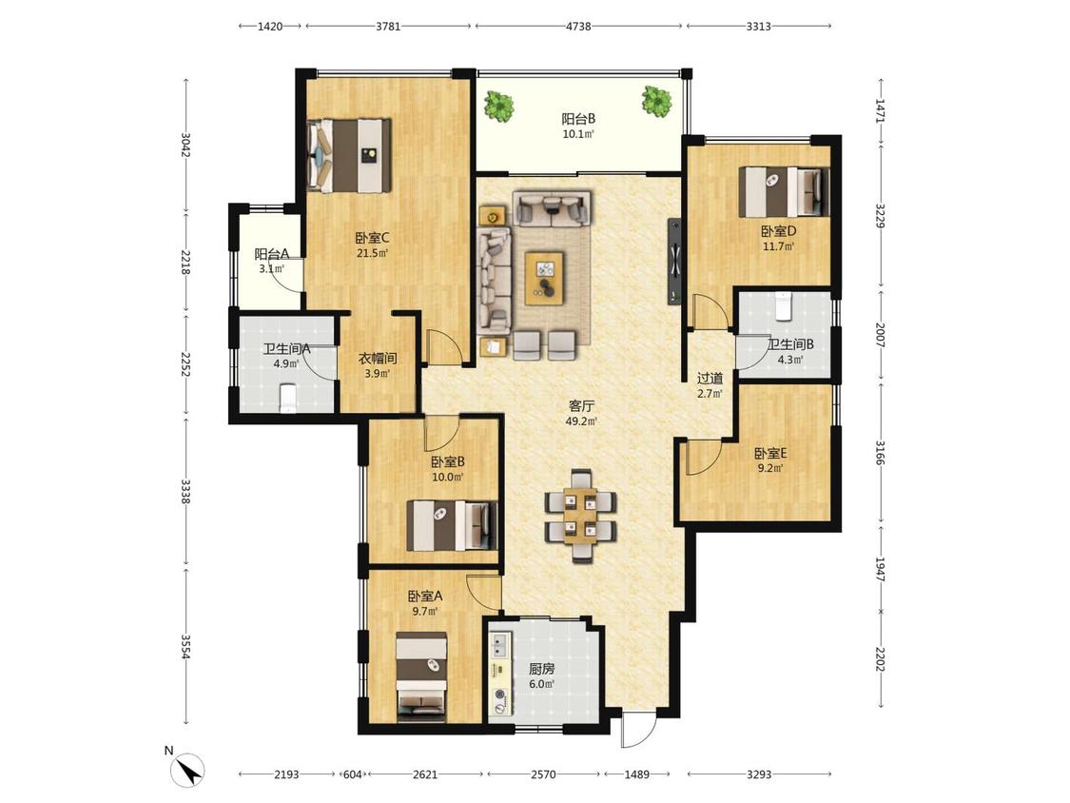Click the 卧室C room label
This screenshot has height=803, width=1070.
click(372, 238)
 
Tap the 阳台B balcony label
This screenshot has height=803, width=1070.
click(578, 119)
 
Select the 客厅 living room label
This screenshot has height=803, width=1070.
click(581, 405)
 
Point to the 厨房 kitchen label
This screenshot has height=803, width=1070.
click(542, 669)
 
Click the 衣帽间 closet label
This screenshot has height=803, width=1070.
click(378, 358)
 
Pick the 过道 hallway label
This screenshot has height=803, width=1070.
click(710, 379)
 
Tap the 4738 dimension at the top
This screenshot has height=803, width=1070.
click(578, 27)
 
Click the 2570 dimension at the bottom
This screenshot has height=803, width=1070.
click(543, 774)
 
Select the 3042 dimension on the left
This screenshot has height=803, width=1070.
click(185, 144)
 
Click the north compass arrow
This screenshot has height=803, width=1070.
click(188, 771)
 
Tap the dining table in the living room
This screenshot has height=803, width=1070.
click(581, 516)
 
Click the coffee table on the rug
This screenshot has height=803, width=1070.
click(545, 278)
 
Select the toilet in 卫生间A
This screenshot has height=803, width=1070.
click(289, 398)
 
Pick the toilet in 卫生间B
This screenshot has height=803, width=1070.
click(784, 306)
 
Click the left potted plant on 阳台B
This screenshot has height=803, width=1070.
click(498, 107)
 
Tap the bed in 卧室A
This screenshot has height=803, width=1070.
click(421, 676)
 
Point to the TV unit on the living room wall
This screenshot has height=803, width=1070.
click(674, 261)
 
